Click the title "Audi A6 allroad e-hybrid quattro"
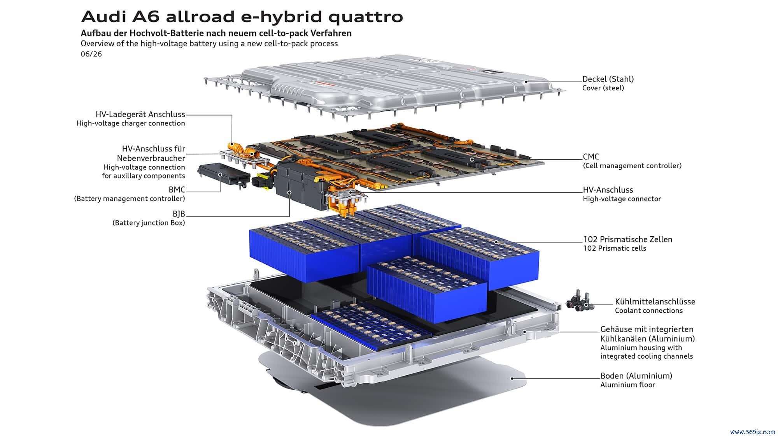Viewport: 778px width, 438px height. (242, 17)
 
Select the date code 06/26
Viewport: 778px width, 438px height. (91, 54)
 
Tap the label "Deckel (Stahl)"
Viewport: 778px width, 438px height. (608, 79)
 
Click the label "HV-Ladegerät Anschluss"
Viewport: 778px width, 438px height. (140, 114)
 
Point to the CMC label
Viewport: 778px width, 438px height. (591, 157)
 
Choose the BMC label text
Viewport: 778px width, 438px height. (177, 190)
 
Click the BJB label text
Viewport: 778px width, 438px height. (179, 214)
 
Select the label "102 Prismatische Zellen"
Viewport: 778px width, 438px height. (627, 239)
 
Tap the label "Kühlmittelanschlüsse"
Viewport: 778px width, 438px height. (655, 301)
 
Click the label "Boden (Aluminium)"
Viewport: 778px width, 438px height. (636, 376)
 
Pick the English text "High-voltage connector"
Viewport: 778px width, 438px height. (622, 199)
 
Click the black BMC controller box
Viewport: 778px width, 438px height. (224, 176)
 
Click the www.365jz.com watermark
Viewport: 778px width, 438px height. (753, 432)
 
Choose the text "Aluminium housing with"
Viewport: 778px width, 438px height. (641, 348)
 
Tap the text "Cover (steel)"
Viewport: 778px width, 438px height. (603, 88)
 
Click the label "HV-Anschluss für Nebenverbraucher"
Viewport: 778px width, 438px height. (151, 153)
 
